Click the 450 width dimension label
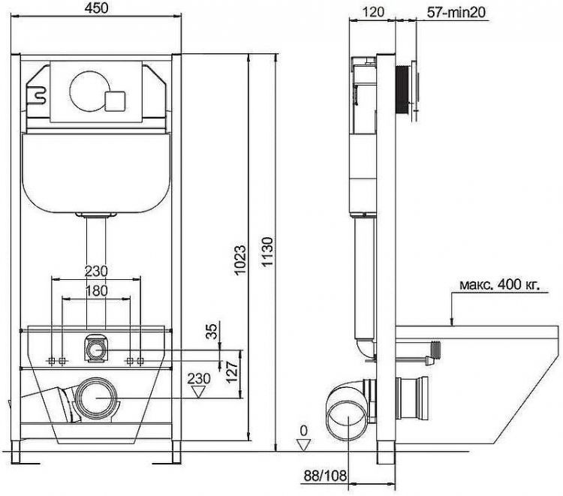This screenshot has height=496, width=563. [x=96, y=8]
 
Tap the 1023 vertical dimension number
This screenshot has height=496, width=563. [x=240, y=259]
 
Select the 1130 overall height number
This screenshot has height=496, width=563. [x=267, y=251]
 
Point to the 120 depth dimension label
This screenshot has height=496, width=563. [x=373, y=12]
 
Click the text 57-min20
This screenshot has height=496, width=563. [x=456, y=12]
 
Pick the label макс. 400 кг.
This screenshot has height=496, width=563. [x=499, y=284]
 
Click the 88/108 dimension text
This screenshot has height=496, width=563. [x=325, y=476]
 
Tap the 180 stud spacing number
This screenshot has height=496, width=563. [x=96, y=290]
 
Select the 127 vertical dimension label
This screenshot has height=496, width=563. [x=232, y=372]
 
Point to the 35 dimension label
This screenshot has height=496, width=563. [x=212, y=331]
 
